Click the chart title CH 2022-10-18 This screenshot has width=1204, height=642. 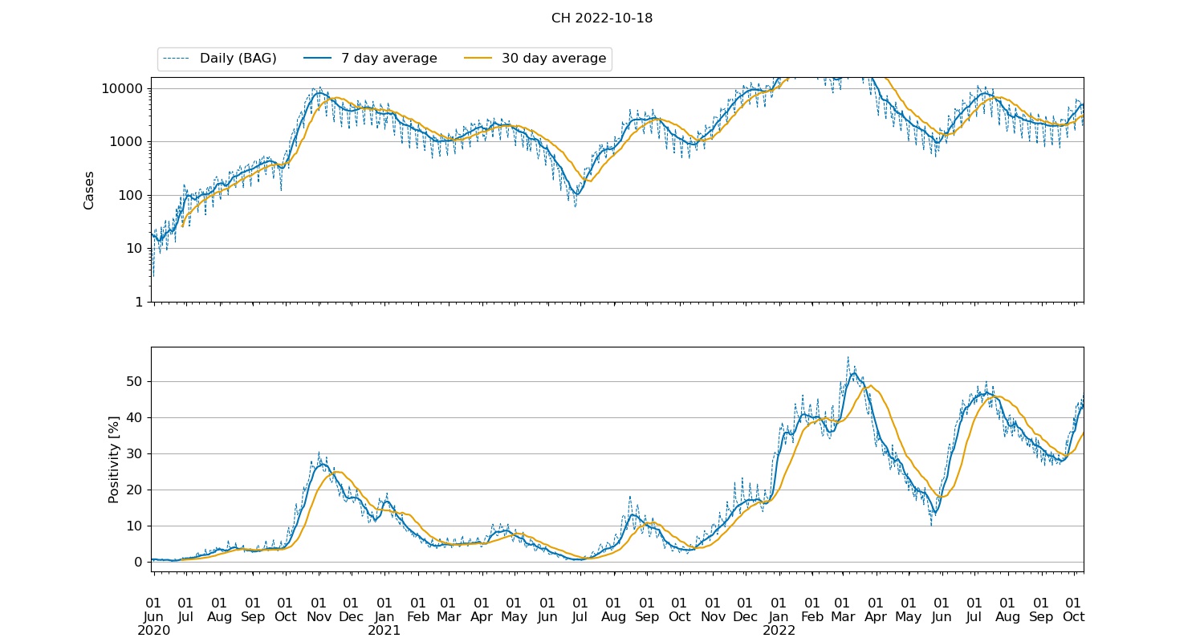[x=601, y=18]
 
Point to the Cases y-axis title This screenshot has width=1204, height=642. [x=89, y=189]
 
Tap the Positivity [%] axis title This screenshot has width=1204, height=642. [x=113, y=459]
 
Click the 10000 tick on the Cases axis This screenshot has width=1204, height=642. [x=122, y=88]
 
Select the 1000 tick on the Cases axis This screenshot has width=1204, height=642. [x=126, y=142]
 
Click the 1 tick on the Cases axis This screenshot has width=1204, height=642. [x=139, y=302]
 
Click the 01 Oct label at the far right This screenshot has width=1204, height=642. [x=1074, y=610]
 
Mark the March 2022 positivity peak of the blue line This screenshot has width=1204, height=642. [x=852, y=373]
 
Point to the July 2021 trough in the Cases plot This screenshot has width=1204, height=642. [x=576, y=194]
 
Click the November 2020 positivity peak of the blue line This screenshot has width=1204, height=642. [x=322, y=465]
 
